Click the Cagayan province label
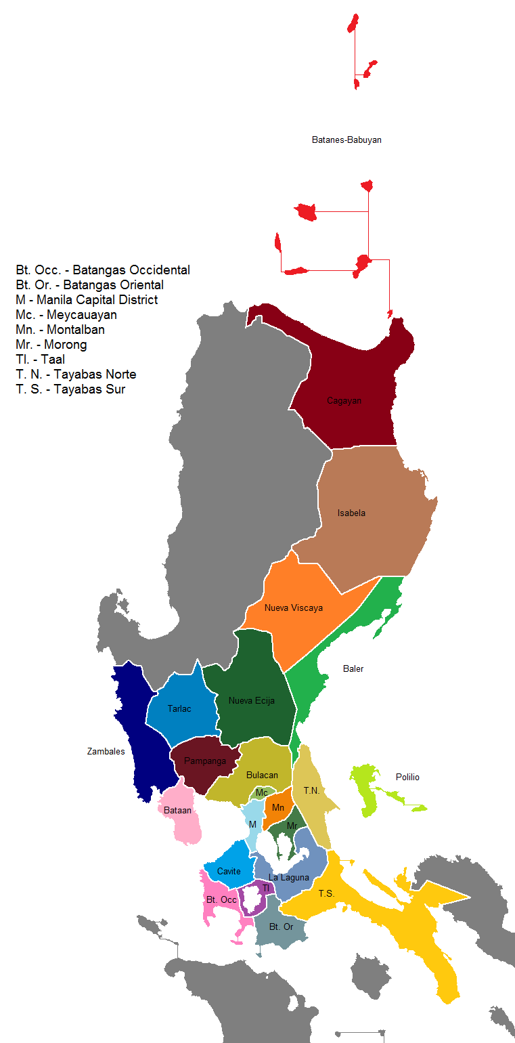344,400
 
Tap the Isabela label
351,513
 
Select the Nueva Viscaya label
293,608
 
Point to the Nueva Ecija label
251,700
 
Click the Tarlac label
179,709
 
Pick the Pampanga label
205,761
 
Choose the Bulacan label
262,775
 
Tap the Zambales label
106,751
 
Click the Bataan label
178,810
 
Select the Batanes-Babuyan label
346,140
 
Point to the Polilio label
407,777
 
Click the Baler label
353,668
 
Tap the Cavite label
229,871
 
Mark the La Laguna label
288,877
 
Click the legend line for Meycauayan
66,315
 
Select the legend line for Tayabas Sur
70,389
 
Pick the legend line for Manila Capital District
87,300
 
